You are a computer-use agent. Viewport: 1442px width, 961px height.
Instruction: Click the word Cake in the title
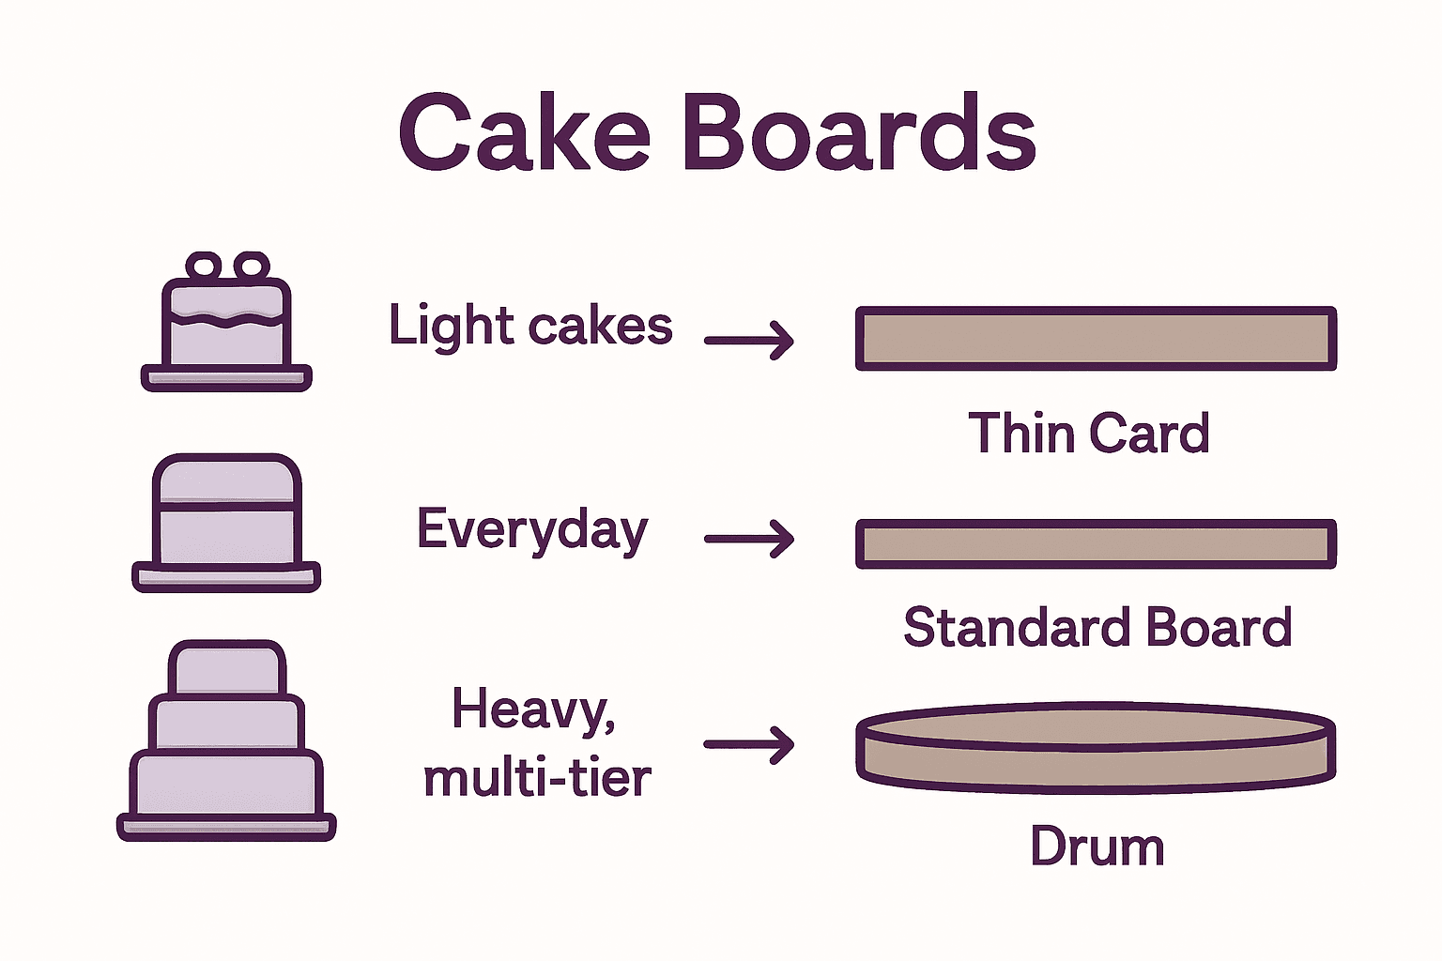(x=524, y=133)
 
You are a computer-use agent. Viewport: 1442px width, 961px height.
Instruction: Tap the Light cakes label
(x=530, y=327)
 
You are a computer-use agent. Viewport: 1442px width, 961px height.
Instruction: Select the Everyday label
(x=532, y=530)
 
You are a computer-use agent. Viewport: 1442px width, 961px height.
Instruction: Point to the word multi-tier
(x=537, y=778)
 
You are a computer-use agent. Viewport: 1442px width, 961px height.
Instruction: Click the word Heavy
(x=530, y=709)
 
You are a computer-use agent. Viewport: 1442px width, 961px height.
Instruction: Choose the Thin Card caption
(x=1089, y=434)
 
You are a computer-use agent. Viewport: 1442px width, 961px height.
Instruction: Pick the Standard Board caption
(x=1097, y=627)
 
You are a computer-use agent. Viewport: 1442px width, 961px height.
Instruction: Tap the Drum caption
(x=1097, y=847)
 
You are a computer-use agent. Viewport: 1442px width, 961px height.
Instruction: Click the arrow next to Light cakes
(x=749, y=340)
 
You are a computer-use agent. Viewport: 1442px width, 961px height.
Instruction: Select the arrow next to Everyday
(x=749, y=539)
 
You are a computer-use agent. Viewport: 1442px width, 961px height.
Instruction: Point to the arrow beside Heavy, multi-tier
(x=749, y=744)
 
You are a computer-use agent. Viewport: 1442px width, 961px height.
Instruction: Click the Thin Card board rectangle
(x=1096, y=338)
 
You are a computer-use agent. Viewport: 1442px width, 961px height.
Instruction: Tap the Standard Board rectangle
(x=1096, y=543)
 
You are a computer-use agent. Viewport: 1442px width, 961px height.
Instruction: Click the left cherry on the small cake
(x=203, y=266)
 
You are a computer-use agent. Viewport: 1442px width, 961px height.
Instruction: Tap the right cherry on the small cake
(x=251, y=266)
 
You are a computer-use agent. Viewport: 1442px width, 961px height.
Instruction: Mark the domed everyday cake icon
(x=226, y=511)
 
